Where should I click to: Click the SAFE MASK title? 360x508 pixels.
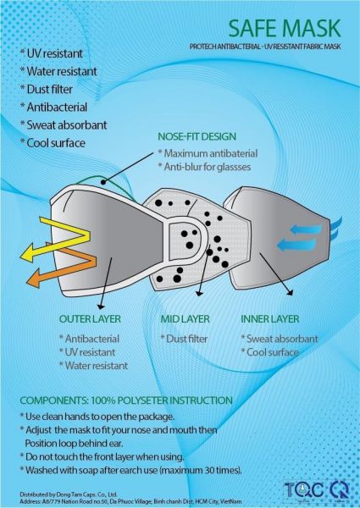pos(285,29)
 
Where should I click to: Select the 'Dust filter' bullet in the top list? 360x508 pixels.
pos(47,90)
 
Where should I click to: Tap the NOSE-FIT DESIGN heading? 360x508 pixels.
pos(197,136)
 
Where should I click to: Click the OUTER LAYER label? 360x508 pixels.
pos(90,319)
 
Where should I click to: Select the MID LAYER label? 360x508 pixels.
pos(185,319)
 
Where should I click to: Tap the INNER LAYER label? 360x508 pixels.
pos(270,319)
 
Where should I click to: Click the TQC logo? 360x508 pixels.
pos(304,490)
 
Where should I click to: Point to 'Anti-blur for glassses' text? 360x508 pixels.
pos(204,167)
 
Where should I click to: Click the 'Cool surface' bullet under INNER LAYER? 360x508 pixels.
pos(269,352)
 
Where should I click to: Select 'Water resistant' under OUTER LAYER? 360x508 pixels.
pos(93,366)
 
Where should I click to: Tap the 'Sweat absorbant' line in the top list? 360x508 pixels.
pos(64,125)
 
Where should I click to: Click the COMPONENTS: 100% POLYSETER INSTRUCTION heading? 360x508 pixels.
pos(126,400)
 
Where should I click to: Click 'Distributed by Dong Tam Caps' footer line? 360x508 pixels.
pos(69,494)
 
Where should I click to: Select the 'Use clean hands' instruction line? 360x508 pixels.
pos(97,417)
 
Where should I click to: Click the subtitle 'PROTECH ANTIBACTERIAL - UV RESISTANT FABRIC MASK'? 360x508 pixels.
pos(265,47)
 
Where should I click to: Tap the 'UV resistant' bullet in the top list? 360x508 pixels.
pos(51,54)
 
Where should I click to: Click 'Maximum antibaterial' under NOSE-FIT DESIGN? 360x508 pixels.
pos(208,153)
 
